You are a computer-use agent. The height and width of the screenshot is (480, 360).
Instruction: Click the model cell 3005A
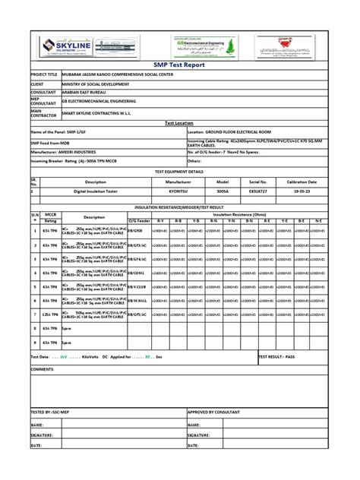[223, 193]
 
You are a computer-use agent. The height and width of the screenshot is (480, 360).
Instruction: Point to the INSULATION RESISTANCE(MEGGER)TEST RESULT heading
[179, 207]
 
